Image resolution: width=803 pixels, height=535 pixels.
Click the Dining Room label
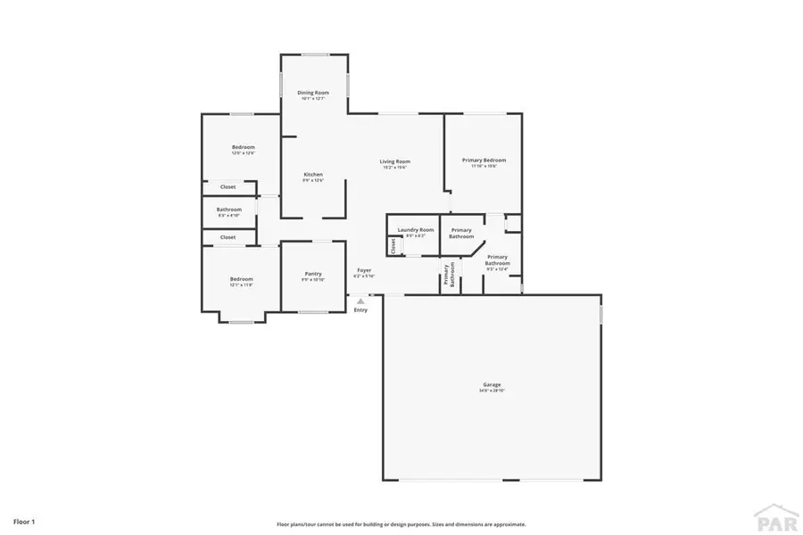coord(313,93)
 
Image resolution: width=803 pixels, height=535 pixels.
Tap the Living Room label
coord(395,161)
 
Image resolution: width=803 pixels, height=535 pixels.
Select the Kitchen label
coord(313,175)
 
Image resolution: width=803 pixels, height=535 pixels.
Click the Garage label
coord(493,384)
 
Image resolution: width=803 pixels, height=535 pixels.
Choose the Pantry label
coord(313,274)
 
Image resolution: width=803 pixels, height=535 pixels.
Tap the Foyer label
coord(364,270)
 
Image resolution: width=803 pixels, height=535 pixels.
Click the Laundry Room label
coord(416,230)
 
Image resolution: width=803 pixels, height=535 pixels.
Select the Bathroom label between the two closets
coord(229,210)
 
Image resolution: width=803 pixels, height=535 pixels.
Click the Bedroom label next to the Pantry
coord(242,279)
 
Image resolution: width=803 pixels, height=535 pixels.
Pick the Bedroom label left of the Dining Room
coord(244,147)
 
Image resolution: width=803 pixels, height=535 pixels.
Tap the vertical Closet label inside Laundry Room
coord(393,245)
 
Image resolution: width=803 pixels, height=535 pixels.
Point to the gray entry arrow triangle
coord(360,301)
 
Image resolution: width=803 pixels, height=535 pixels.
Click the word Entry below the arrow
coord(360,310)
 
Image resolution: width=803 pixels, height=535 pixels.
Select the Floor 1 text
coord(24,520)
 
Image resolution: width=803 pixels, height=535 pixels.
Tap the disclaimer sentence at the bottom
coord(401,524)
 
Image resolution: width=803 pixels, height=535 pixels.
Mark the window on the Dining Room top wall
coord(314,55)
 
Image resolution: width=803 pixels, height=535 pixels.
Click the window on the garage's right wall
coord(601,315)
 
